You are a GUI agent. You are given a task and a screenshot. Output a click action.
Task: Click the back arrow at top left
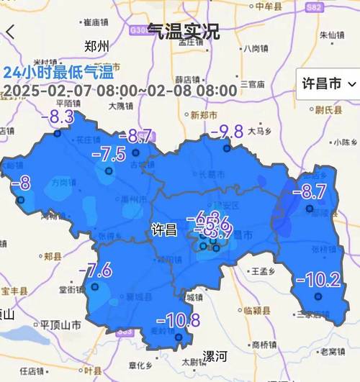point(10,32)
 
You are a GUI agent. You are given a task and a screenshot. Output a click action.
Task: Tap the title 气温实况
point(184,31)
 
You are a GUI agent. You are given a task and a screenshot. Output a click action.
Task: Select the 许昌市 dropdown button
point(327,84)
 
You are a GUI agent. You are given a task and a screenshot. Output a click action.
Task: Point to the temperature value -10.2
point(319,279)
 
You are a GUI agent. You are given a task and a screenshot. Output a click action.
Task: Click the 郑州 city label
point(96,47)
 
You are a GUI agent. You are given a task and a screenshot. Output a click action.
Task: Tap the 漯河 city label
point(214,356)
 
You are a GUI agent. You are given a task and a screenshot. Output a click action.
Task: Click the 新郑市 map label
point(204,115)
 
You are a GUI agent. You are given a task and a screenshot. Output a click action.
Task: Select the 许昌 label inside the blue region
point(164,230)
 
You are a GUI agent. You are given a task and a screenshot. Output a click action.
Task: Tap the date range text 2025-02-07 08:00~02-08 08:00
point(120,91)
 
